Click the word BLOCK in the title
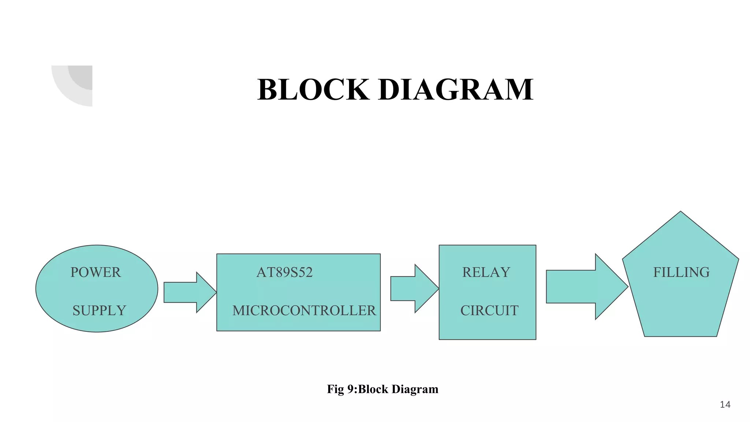tap(313, 90)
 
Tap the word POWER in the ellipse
tap(96, 273)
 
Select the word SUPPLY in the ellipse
tap(99, 311)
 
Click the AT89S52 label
tap(285, 273)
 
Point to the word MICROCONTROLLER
tap(304, 311)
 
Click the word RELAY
tap(486, 273)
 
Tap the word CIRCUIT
tap(489, 311)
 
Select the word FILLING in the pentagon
tap(681, 273)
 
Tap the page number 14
tap(725, 405)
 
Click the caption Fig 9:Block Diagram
tap(382, 389)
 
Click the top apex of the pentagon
tap(680, 212)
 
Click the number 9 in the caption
tap(350, 389)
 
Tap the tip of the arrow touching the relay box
tap(438, 289)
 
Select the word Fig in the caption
tap(335, 389)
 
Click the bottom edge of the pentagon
tap(680, 336)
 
